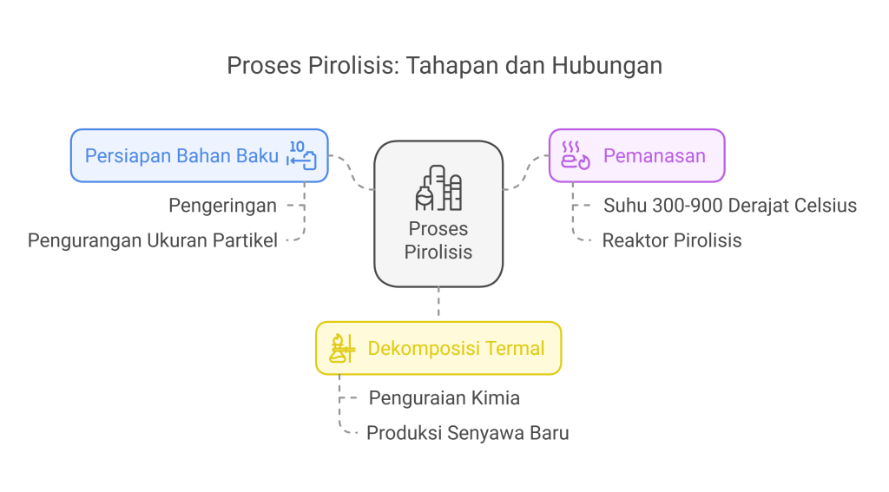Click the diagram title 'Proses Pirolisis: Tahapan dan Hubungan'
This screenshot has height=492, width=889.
coord(444,66)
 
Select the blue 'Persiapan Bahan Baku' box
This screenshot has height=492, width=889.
coord(199,156)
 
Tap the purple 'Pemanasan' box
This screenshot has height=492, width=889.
coord(636,156)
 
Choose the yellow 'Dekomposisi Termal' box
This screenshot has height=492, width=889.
coord(438,349)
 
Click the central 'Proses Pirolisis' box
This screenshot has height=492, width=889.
coord(438,214)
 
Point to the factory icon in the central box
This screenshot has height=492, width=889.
coord(438,188)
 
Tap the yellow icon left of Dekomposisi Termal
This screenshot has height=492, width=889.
coord(342,349)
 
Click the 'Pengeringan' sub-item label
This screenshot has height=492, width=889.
coord(222,206)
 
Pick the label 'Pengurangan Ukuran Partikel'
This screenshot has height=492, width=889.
coord(153,240)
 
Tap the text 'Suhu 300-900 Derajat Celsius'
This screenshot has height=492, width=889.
coord(730,206)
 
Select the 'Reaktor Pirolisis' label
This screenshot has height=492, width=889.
coord(672,240)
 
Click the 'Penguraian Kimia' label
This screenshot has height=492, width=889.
coord(444,398)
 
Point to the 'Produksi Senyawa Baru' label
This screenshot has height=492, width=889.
coord(468,432)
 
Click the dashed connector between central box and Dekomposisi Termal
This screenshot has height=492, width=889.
coord(438,304)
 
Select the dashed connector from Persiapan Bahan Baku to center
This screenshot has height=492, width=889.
coord(352,174)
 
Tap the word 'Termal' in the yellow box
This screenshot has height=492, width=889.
coord(516,349)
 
